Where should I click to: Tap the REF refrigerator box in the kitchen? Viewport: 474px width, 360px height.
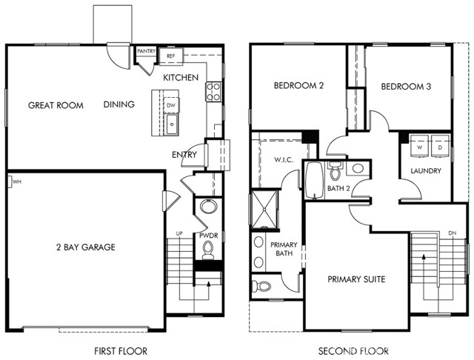[x=170, y=56]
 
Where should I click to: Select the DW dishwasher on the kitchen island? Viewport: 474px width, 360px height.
[x=171, y=105]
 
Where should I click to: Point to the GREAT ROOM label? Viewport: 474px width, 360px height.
[x=56, y=105]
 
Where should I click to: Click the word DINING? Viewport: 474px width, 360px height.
[x=119, y=104]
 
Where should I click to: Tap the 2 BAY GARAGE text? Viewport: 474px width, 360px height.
[x=84, y=247]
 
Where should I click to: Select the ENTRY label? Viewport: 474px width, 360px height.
[x=184, y=155]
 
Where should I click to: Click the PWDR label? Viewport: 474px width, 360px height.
[x=207, y=236]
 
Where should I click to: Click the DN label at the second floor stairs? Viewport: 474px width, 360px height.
[x=452, y=233]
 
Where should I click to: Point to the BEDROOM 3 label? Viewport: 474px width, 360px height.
[x=406, y=86]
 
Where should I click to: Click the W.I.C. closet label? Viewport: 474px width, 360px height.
[x=284, y=160]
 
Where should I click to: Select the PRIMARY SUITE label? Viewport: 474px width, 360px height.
[x=357, y=279]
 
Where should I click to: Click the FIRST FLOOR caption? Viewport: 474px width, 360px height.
[x=121, y=350]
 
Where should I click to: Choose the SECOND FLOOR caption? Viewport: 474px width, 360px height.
[x=350, y=350]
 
